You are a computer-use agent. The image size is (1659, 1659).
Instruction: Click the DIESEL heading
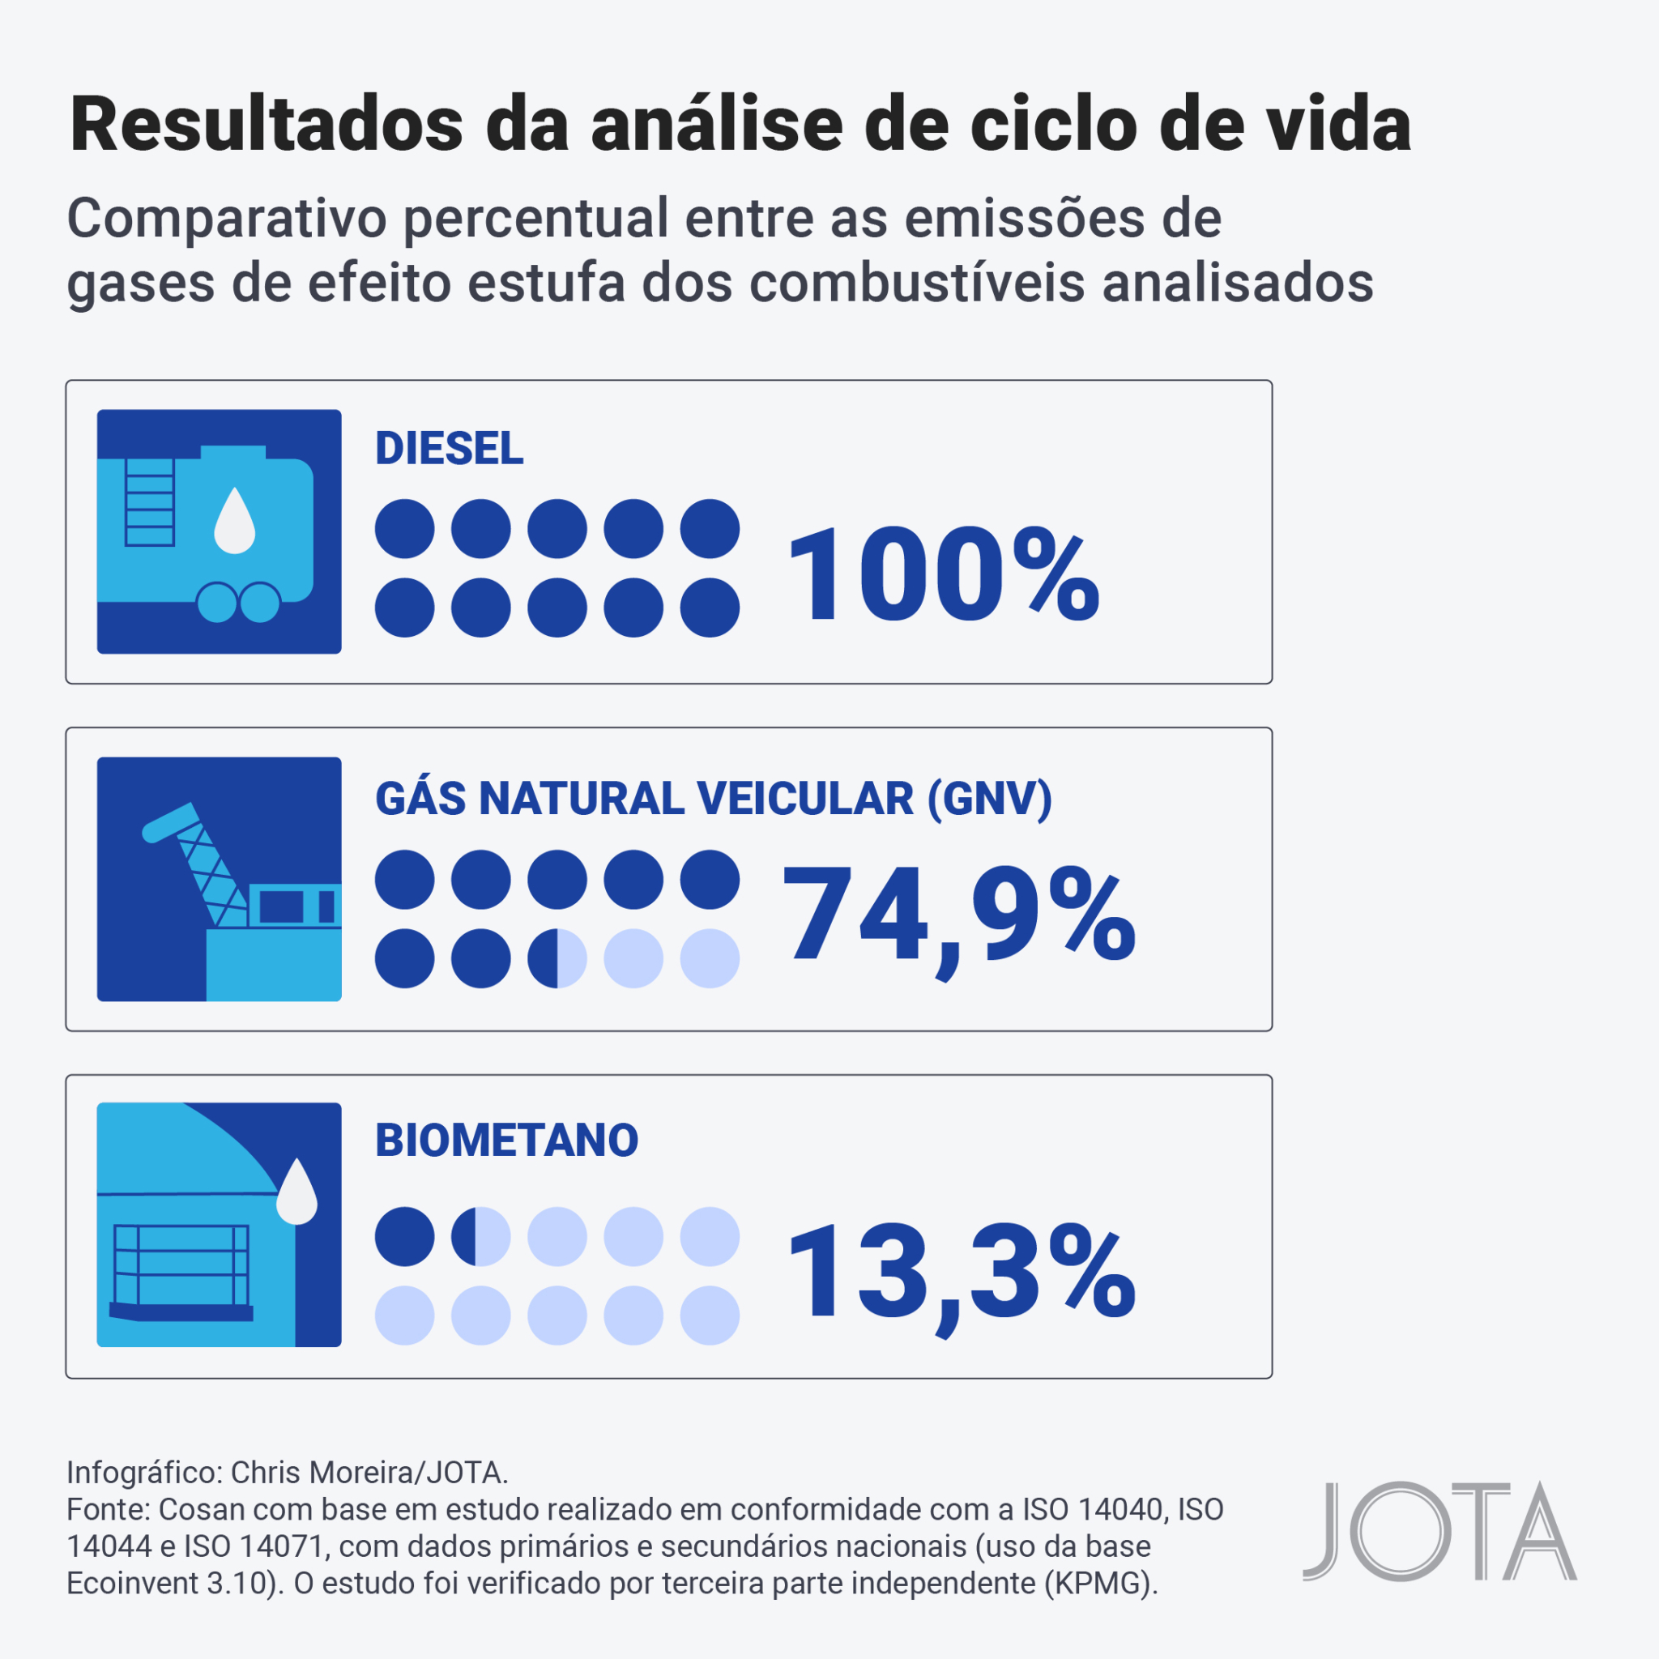pyautogui.click(x=448, y=448)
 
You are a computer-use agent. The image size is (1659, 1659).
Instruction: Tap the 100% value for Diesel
pyautogui.click(x=942, y=575)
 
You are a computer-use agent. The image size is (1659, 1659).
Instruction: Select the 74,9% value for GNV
pyautogui.click(x=957, y=917)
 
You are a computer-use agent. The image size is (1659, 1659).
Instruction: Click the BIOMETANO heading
pyautogui.click(x=506, y=1141)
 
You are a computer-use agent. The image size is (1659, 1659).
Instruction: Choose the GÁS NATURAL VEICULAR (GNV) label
pyautogui.click(x=713, y=799)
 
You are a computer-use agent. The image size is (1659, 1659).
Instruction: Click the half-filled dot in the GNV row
pyautogui.click(x=557, y=958)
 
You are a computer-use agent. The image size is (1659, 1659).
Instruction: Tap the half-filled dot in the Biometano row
pyautogui.click(x=481, y=1236)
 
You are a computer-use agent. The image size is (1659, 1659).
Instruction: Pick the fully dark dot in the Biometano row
pyautogui.click(x=404, y=1236)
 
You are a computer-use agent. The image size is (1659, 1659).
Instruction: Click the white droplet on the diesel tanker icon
pyautogui.click(x=234, y=521)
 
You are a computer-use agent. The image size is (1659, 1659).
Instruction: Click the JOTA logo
pyautogui.click(x=1439, y=1531)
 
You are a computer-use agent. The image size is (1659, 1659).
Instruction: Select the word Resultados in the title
pyautogui.click(x=267, y=126)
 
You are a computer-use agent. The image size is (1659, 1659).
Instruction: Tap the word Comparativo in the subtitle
pyautogui.click(x=228, y=218)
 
